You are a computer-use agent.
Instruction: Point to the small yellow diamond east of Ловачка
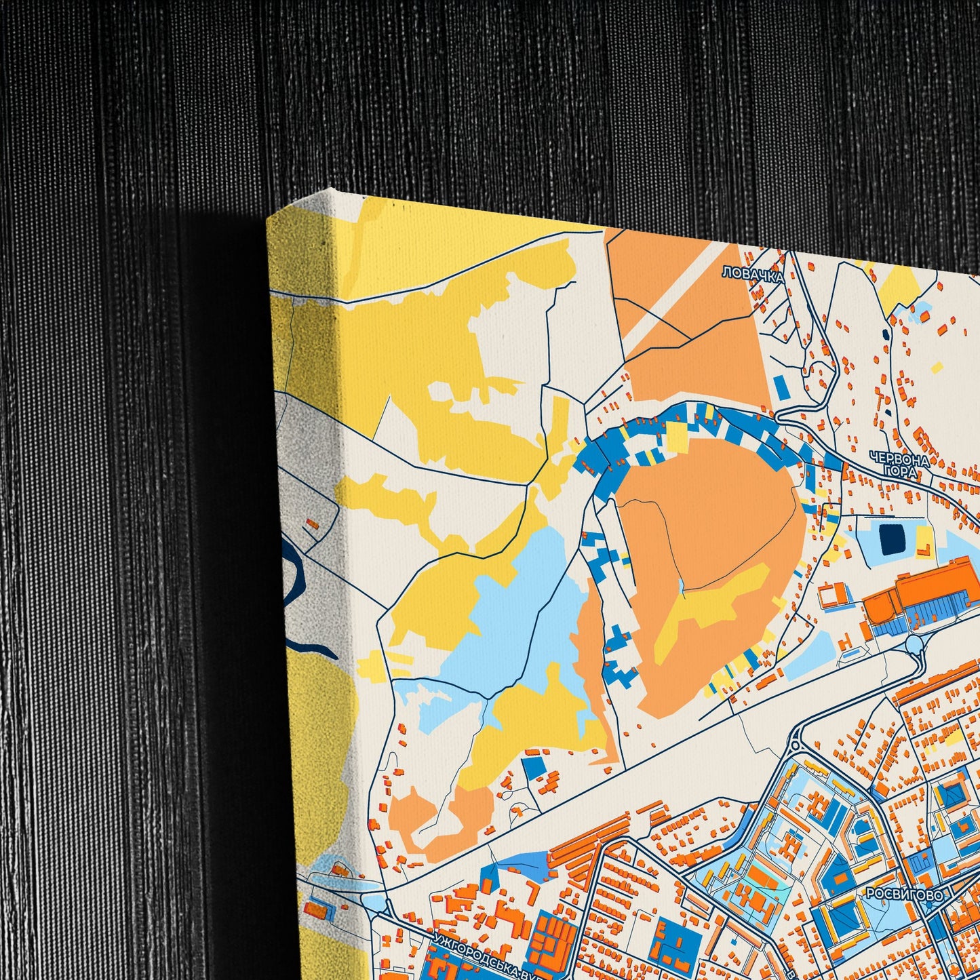point(937,367)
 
